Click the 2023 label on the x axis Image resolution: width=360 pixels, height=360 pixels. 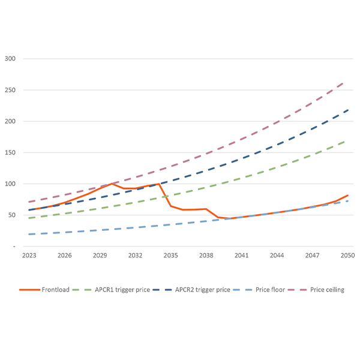29,255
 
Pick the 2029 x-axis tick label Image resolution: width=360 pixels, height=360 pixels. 100,255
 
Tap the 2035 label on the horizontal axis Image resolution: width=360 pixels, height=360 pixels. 171,255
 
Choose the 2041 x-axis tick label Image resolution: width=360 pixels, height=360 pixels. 242,255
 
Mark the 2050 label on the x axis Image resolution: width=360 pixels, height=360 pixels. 348,255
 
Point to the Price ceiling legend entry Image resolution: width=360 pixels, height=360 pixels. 327,290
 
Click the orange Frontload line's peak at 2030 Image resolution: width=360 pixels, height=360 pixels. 112,184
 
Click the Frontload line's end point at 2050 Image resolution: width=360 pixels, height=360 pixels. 348,195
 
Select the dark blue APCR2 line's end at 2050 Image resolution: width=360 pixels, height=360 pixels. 348,110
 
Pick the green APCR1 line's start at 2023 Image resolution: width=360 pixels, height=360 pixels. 29,218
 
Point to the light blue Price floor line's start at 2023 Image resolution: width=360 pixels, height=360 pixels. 29,234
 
